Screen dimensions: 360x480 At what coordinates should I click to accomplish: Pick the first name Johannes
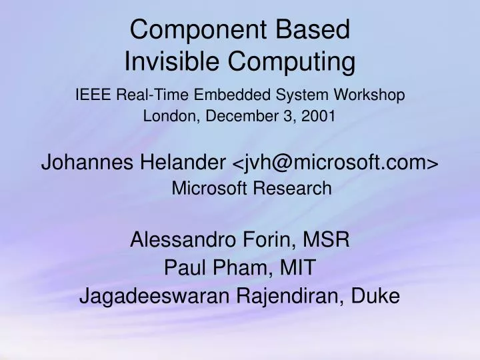tap(85, 162)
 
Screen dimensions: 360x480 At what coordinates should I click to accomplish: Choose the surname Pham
tap(239, 269)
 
